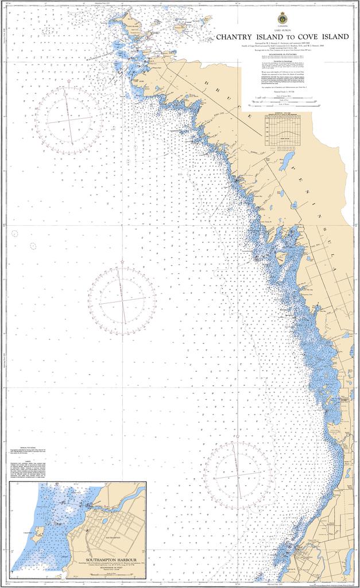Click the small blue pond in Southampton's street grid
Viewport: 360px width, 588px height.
(104, 521)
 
